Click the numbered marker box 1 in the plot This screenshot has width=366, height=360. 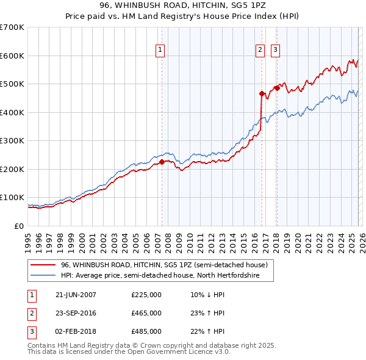tap(160, 50)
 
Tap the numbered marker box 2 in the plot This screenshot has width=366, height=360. tap(260, 50)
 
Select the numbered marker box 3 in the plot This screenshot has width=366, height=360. tap(275, 50)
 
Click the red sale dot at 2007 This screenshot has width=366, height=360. tap(162, 162)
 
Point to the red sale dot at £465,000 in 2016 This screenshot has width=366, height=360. tap(262, 94)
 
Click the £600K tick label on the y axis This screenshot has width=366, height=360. tap(12, 56)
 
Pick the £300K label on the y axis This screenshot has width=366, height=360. tap(12, 140)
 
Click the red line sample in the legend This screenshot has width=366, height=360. tap(43, 265)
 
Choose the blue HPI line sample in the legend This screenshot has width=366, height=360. tap(43, 276)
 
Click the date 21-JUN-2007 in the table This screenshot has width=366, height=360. tap(76, 295)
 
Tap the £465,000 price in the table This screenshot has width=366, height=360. tap(146, 313)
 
